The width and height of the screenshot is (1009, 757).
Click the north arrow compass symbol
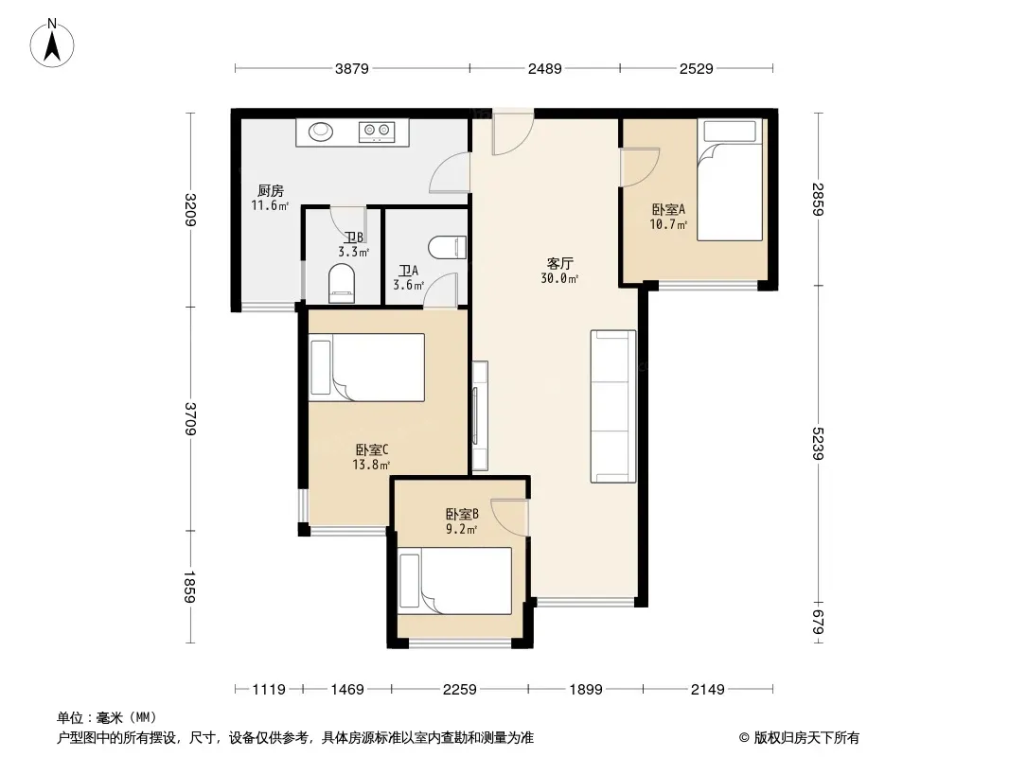52,44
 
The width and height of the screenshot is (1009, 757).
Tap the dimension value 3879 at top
352,69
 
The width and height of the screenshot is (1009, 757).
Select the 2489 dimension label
545,69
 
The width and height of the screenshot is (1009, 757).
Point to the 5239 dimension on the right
817,443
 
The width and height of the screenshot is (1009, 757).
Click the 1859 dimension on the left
189,587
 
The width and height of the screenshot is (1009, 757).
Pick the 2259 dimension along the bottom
459,690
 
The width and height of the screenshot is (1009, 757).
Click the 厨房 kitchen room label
271,190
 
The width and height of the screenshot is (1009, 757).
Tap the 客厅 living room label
559,263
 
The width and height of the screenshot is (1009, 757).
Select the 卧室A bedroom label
668,209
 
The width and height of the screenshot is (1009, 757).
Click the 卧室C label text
371,449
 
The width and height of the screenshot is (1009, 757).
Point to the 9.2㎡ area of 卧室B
461,529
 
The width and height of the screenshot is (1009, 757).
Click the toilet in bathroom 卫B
342,284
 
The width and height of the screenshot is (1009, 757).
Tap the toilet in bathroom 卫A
447,248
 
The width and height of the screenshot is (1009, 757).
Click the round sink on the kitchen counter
321,132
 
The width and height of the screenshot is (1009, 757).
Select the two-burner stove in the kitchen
377,132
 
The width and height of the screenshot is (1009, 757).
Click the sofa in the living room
612,407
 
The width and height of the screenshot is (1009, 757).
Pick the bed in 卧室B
455,581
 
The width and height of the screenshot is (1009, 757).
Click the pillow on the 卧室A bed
730,132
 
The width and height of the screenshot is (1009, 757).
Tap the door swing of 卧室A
640,167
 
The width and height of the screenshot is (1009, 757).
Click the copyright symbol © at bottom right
744,738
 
